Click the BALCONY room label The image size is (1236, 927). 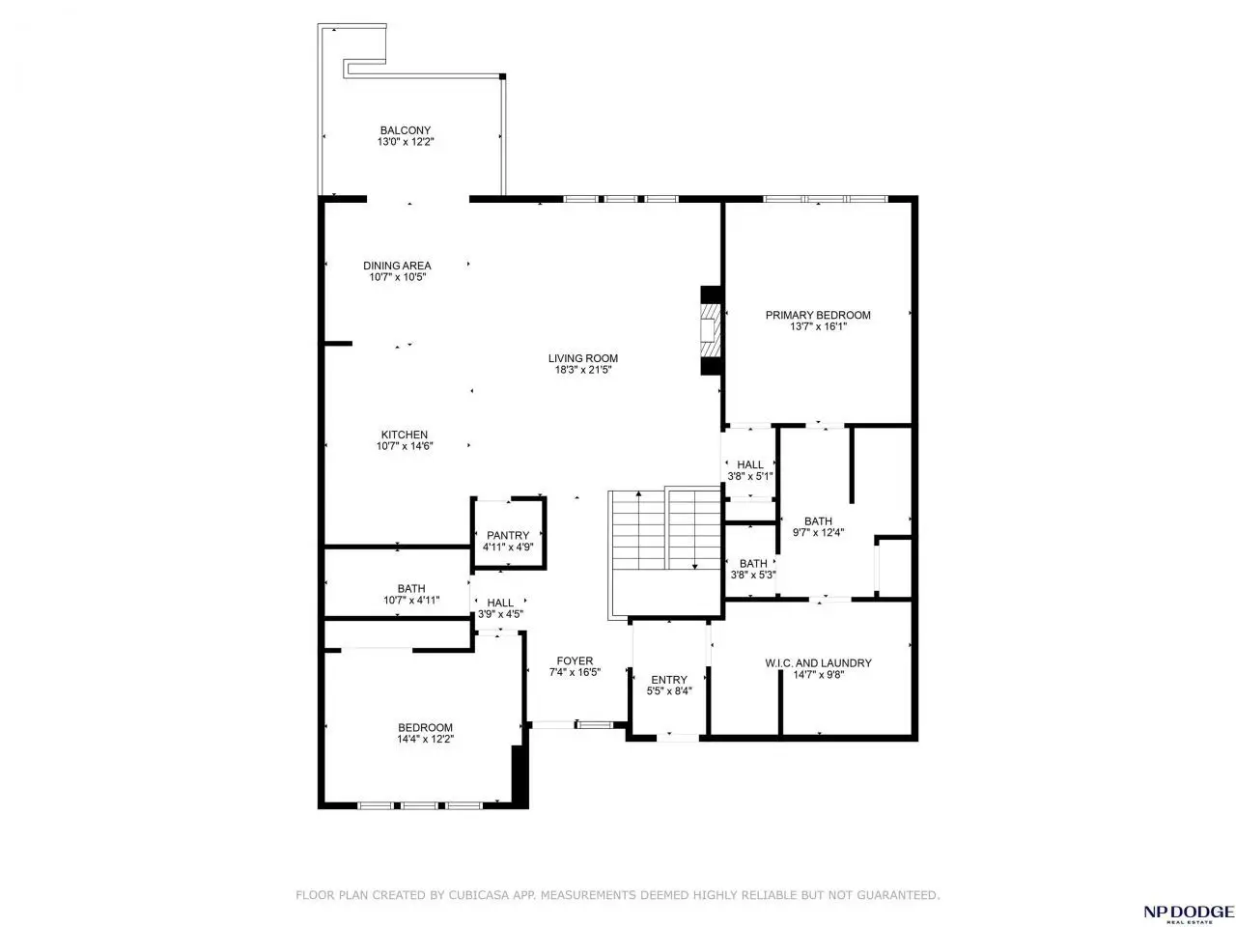coord(405,130)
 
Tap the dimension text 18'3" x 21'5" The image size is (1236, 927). coord(583,370)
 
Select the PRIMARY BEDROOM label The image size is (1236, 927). coord(818,315)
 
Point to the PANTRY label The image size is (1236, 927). coord(508,535)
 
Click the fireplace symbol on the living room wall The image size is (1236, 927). coord(710,330)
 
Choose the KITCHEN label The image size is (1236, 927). coord(405,435)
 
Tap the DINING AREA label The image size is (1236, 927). coord(397,266)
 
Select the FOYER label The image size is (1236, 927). coord(575,660)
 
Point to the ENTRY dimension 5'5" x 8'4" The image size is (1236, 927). coord(669,690)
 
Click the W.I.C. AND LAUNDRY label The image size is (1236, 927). coord(818,663)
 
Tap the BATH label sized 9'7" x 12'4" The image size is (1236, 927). coord(818,521)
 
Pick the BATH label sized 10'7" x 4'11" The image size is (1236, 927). coord(411,589)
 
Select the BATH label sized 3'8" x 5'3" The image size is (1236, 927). coord(753,563)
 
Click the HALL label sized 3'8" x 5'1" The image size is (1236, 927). coord(750,464)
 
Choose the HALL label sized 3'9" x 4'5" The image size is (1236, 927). coord(500,603)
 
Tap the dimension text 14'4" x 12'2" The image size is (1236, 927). coord(425,739)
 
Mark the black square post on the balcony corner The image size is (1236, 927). coord(502,76)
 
